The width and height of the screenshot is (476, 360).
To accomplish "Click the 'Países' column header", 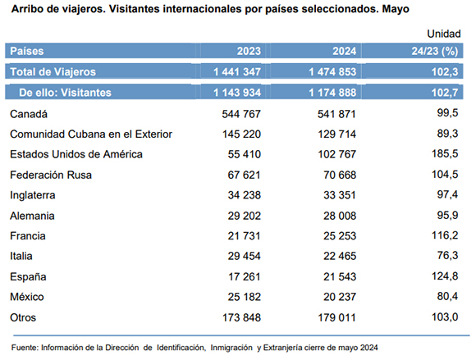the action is point(27,51).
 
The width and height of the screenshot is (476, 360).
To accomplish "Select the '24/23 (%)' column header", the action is point(435,51).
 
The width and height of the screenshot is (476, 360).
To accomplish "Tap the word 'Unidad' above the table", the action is point(444,34).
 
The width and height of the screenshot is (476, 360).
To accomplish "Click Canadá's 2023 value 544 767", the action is point(241,114).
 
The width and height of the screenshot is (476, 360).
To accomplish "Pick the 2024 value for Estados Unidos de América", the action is point(337,154).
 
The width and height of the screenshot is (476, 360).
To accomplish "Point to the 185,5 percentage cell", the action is point(445,154).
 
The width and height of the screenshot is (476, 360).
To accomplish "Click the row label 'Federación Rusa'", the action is point(51,175).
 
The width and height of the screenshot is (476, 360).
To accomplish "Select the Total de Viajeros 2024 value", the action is point(332,72).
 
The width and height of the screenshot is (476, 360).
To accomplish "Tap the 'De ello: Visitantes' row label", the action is point(66,93).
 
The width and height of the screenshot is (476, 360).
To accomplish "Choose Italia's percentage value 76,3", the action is point(447,255).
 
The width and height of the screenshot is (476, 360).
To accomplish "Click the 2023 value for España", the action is point(244,276).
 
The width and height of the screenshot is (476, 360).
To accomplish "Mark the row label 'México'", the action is point(27,297).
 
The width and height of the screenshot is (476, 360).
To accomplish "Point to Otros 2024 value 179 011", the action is point(337,317).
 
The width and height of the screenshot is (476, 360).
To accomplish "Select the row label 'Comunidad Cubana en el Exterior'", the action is point(91,134).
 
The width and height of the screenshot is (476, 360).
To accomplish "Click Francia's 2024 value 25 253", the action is point(340,235).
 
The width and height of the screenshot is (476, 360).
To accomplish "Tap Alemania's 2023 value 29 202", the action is point(245,216).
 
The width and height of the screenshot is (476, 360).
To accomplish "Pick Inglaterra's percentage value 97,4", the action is point(447,194).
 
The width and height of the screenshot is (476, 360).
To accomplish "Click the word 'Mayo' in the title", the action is point(396,9).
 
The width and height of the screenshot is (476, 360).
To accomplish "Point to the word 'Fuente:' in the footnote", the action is point(25,348).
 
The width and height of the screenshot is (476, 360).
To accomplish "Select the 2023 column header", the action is point(249,51).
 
